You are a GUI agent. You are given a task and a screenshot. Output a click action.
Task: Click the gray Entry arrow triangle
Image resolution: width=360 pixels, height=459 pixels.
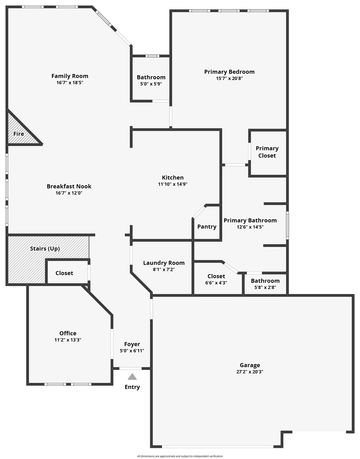coord(132,377)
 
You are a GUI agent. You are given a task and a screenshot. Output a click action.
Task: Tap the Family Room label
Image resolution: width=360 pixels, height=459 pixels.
coord(70,76)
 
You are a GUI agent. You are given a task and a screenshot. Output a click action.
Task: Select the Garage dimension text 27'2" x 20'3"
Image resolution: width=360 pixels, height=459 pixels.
coord(250,371)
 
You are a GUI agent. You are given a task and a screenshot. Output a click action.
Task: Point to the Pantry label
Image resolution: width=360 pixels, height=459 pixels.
coord(207,227)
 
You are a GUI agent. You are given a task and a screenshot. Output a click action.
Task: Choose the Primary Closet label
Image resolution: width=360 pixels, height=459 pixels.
coord(267,152)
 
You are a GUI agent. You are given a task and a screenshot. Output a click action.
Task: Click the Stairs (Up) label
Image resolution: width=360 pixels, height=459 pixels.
coord(45,248)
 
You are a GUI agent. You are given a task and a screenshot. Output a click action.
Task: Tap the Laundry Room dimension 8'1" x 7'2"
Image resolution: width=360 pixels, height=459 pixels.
coord(164,269)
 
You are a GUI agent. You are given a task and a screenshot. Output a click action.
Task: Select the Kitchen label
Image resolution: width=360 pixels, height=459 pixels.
coord(173,178)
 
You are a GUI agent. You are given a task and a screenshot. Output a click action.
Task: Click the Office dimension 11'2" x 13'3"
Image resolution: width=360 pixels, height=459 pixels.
coord(68,340)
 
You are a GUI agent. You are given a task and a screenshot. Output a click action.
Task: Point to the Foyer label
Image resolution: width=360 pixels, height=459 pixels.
coord(132,344)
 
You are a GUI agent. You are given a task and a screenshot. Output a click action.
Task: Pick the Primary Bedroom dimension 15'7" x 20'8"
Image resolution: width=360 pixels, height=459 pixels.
coord(229,78)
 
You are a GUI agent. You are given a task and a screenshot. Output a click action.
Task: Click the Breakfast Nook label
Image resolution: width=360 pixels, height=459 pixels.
coord(69,186)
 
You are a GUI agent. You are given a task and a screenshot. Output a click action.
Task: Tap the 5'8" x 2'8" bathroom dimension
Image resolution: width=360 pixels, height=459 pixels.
coord(265,287)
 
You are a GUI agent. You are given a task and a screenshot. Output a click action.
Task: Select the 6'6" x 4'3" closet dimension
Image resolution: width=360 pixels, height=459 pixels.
coord(216,283)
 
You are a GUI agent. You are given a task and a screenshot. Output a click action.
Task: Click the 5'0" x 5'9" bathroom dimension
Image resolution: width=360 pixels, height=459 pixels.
coord(151,84)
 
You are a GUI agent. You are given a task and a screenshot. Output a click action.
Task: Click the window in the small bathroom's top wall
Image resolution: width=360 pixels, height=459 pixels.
coord(152,56)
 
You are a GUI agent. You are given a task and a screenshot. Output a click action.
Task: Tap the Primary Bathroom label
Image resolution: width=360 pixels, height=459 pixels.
coord(250,220)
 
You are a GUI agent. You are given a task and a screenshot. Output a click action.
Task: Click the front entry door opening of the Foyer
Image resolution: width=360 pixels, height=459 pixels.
coord(130,368)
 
